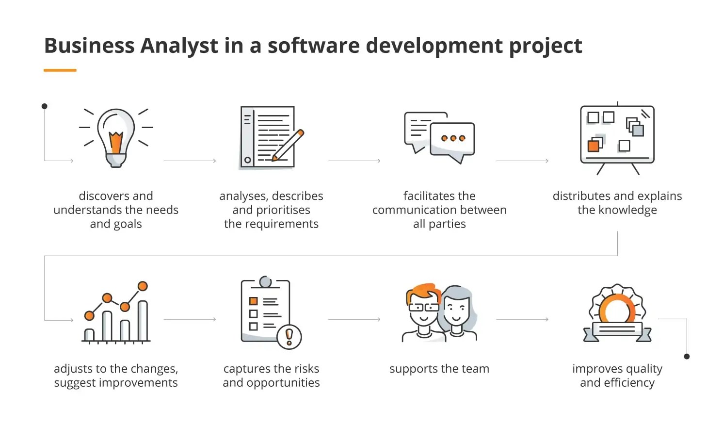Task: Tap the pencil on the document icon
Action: coord(288,145)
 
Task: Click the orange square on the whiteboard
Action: coord(593,146)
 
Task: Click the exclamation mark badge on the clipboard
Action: coord(289,336)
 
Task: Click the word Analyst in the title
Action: coord(179,46)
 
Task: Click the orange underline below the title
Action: coord(60,70)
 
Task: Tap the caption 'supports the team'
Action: coord(439,369)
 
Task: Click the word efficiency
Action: coord(629,383)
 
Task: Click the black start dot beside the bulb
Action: coord(45,106)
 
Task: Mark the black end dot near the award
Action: coord(687,357)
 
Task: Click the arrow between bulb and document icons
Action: coord(190,161)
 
